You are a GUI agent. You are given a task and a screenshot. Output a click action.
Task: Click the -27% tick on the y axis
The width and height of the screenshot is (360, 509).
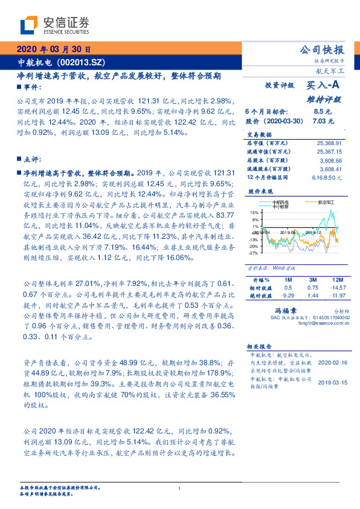254,254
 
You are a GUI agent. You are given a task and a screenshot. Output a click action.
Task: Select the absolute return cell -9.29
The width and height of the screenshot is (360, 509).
287,295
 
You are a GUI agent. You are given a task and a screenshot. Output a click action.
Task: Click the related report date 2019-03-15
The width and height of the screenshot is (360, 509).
332,383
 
